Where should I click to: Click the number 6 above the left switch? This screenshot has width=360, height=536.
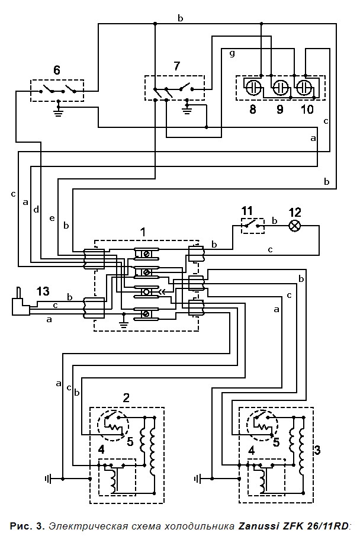(56, 70)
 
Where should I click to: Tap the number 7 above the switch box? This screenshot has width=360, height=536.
(176, 66)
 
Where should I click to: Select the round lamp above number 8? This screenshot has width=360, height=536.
(253, 86)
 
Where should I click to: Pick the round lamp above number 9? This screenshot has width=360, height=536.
(279, 86)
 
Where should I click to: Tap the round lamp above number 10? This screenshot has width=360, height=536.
(304, 86)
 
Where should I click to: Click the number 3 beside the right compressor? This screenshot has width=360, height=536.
(317, 450)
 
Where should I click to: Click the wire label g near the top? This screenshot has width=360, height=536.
(232, 53)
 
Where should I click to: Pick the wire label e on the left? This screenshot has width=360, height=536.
(52, 219)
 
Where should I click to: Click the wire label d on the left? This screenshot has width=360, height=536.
(36, 210)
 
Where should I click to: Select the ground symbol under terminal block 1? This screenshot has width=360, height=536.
(124, 323)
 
